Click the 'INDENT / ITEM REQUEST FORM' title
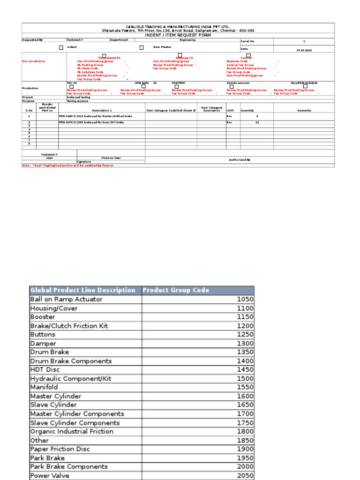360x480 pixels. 178,35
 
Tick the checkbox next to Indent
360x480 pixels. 61,47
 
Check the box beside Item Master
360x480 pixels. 142,47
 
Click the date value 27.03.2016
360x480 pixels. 304,50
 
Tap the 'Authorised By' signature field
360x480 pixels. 240,160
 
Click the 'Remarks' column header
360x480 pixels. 304,110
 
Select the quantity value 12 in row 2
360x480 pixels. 257,122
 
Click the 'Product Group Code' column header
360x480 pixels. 176,290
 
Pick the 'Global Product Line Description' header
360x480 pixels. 83,290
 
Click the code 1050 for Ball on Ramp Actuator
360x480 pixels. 245,299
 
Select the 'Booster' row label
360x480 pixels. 43,317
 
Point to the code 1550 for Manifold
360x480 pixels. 245,387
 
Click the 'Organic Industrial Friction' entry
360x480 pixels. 72,431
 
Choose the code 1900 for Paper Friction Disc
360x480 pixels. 245,449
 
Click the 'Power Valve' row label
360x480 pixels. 50,475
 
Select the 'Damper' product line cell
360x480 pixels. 43,343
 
